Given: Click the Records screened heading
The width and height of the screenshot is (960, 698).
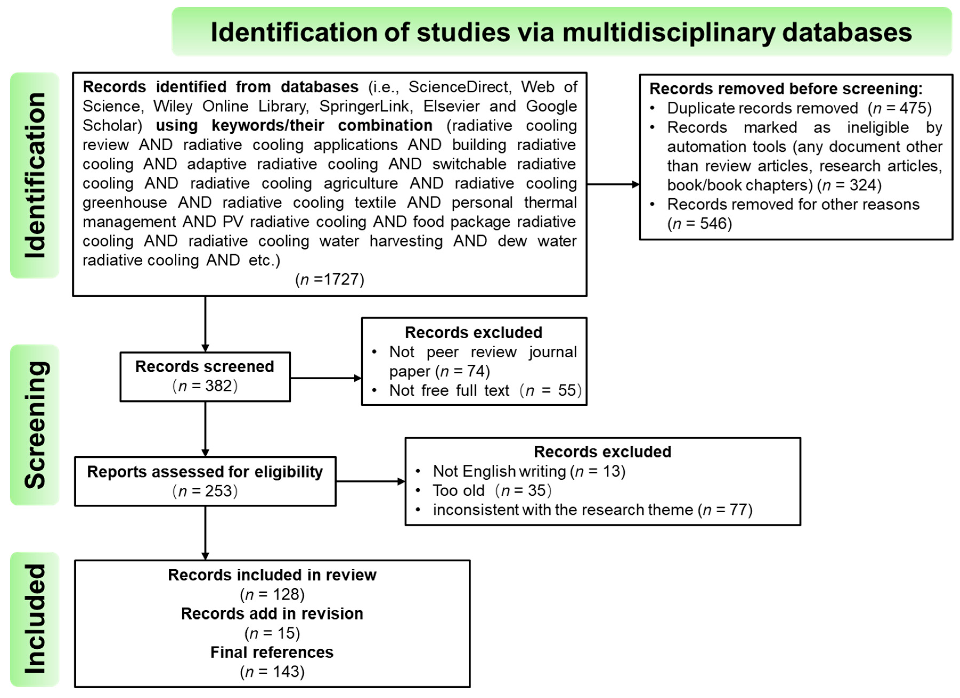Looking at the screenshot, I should click(205, 366).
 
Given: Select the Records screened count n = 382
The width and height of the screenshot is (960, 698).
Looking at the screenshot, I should click(205, 386).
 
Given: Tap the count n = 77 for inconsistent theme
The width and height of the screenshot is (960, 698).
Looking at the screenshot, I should click(725, 510).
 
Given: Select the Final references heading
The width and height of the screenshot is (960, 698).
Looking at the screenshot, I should click(272, 652).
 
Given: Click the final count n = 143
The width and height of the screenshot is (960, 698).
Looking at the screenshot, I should click(272, 672).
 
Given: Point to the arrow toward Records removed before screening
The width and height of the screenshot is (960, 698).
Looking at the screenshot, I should click(613, 184).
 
